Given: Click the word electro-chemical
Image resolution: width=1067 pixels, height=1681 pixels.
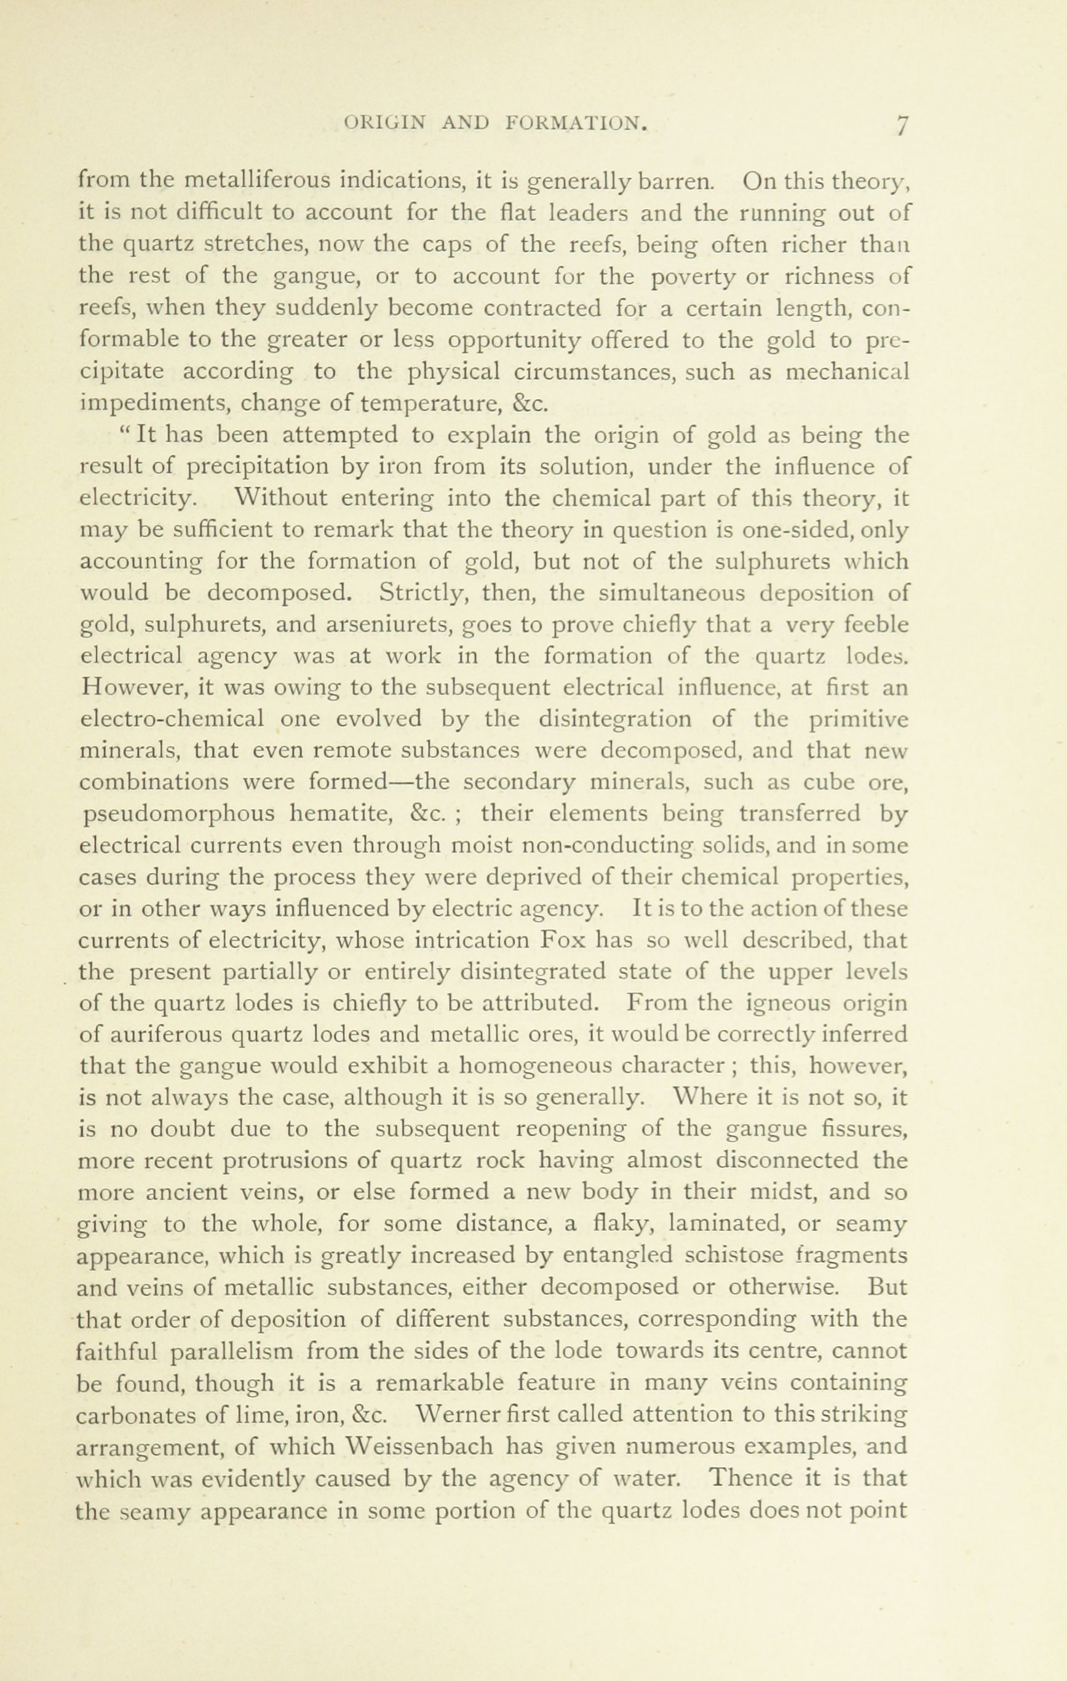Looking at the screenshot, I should pos(172,719).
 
